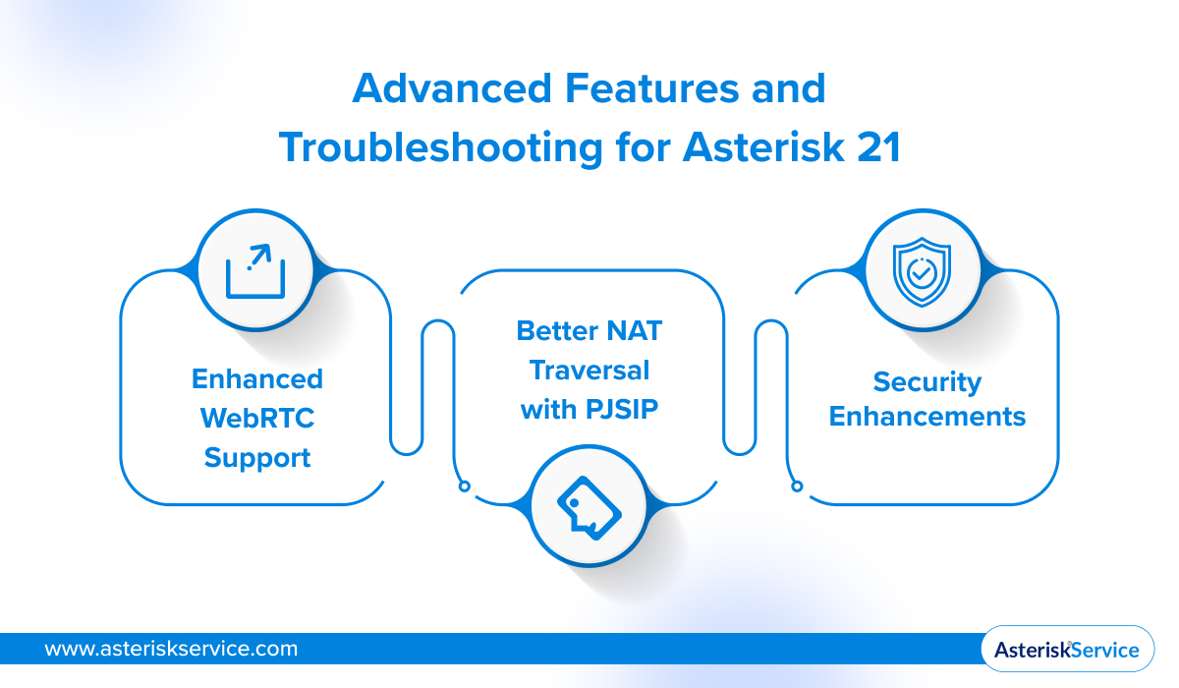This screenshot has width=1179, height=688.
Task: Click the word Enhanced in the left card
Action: [256, 379]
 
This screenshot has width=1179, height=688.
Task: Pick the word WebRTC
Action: [256, 418]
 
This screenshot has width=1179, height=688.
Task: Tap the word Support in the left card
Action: [256, 457]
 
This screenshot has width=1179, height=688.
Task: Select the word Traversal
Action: [589, 370]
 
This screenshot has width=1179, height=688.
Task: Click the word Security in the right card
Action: [926, 381]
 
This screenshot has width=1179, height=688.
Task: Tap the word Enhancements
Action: [926, 417]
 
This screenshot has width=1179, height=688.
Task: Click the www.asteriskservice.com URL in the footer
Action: [171, 649]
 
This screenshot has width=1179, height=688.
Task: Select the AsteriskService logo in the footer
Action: [1067, 650]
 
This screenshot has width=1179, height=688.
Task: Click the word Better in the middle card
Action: [556, 331]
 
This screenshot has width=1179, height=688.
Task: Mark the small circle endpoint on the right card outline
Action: [797, 485]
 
